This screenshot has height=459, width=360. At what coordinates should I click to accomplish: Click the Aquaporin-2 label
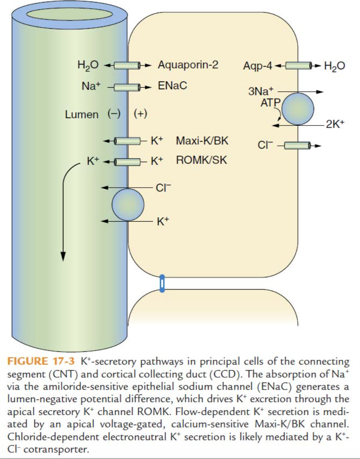[188, 65]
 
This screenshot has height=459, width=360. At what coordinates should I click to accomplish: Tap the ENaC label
[172, 86]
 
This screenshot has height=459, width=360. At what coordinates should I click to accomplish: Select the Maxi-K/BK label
[202, 141]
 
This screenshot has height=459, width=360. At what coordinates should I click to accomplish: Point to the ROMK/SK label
[202, 160]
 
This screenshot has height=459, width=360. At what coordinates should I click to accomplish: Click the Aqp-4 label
[258, 66]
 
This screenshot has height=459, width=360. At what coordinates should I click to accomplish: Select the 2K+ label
[335, 124]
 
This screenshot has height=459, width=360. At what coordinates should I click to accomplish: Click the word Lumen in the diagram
[82, 114]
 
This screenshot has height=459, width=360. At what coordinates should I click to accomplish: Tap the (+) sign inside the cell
[141, 114]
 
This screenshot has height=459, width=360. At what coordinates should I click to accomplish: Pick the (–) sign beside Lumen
[114, 114]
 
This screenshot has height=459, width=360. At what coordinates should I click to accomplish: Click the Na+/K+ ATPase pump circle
[298, 109]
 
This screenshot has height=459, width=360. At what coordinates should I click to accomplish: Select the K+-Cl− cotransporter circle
[128, 204]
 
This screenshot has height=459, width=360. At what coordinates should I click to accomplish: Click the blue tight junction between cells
[162, 283]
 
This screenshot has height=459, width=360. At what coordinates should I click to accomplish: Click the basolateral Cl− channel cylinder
[298, 145]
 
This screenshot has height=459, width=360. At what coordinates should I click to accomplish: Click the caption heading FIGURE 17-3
[41, 361]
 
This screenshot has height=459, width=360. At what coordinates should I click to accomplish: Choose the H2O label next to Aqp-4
[335, 66]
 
